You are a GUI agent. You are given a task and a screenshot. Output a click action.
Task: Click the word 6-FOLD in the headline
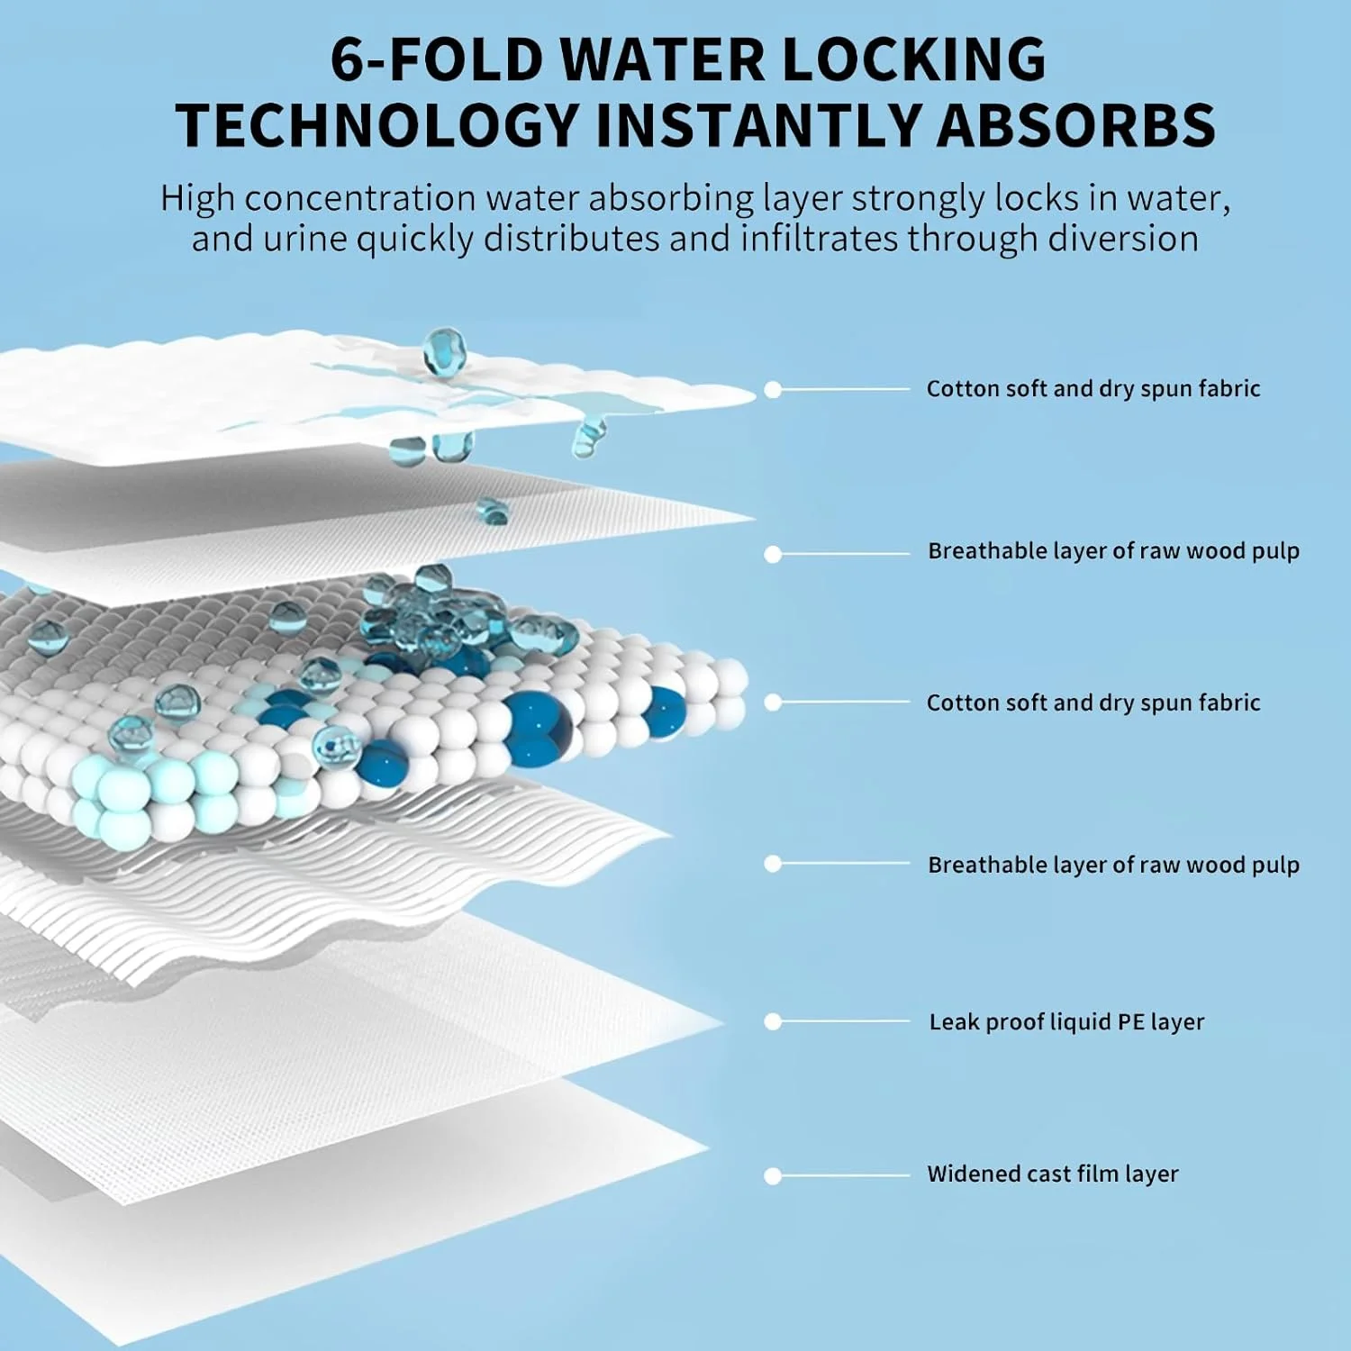pos(436,59)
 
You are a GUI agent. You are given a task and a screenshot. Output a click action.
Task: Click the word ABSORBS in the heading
pos(1077,125)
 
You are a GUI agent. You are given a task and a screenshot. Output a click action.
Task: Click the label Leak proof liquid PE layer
pos(1066,1022)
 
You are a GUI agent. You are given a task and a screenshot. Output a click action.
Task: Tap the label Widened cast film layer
pos(1053,1174)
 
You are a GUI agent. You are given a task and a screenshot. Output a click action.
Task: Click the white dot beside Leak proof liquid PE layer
pos(773,1022)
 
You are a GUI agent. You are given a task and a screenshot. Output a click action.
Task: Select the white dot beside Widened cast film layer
pos(773,1176)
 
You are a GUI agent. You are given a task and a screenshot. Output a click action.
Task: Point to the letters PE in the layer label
pos(1130,1022)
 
